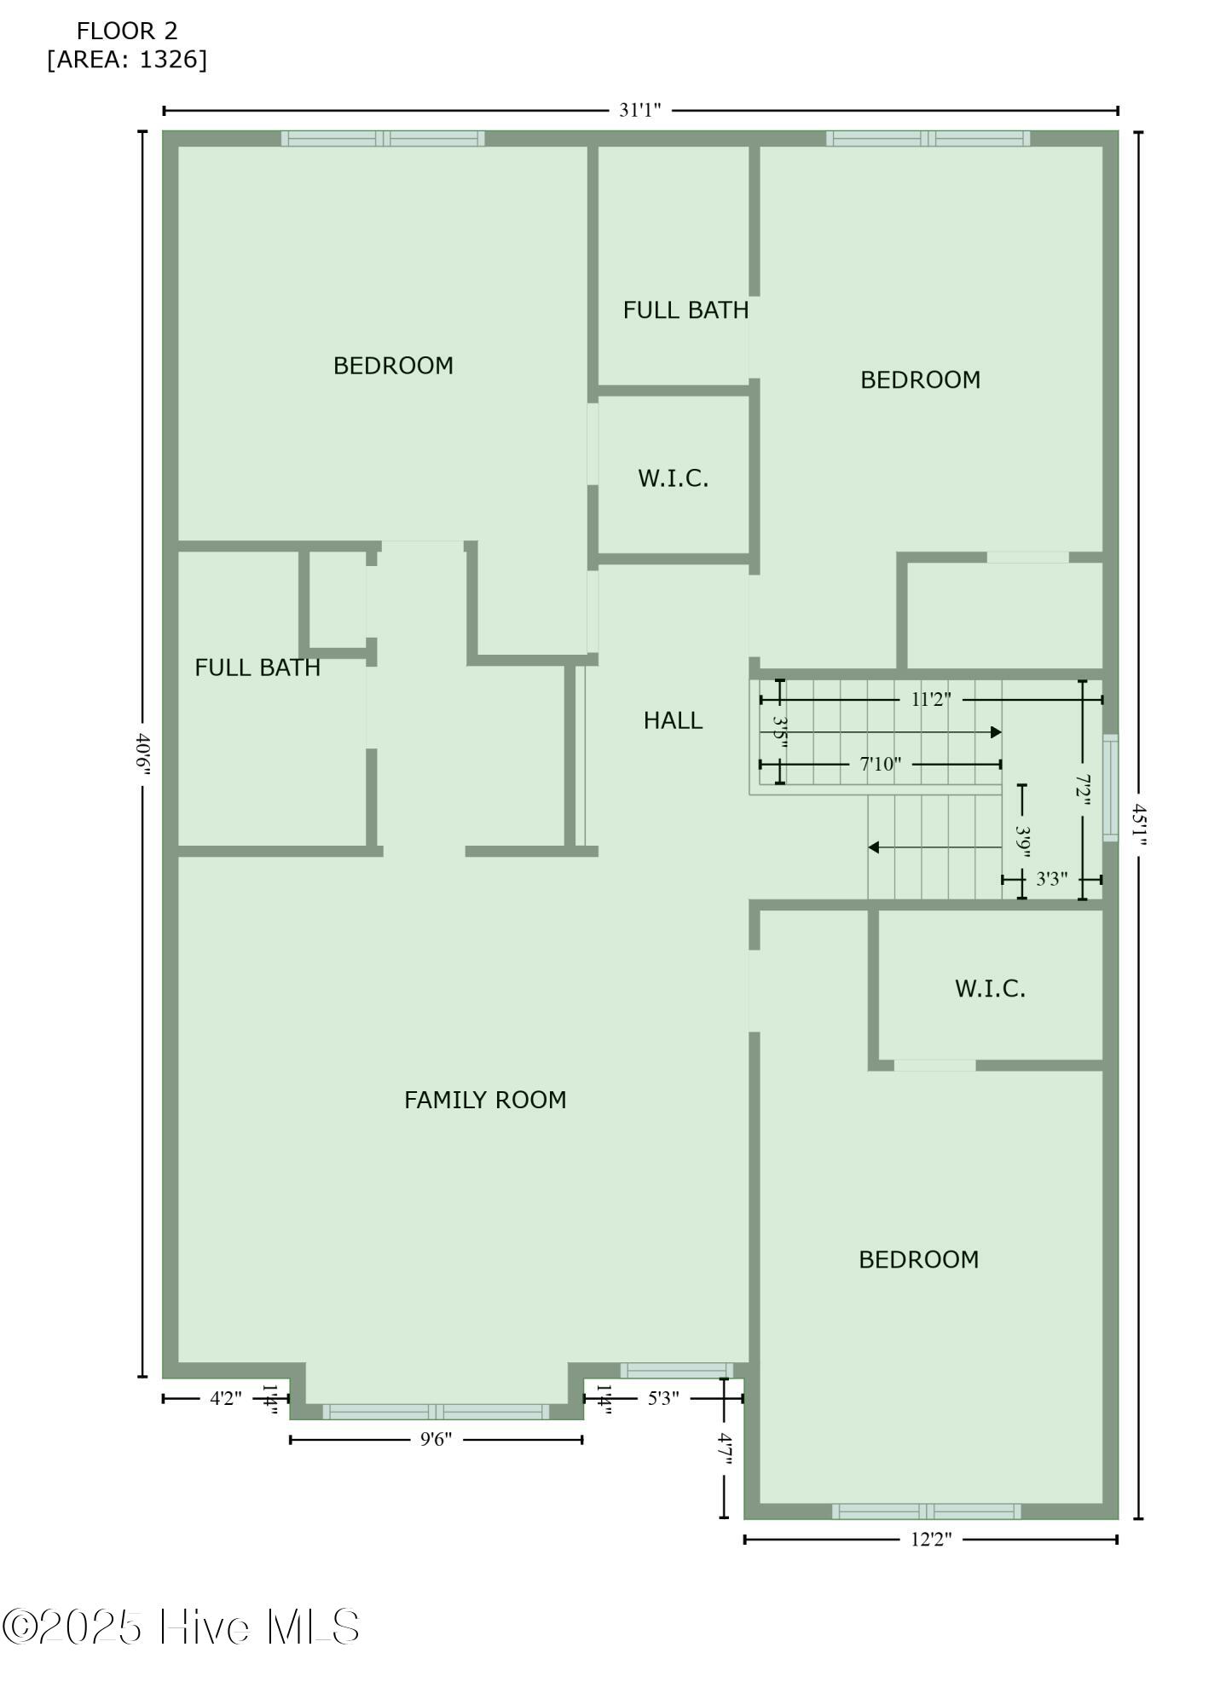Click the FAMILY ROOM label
pos(485,1100)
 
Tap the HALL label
pos(673,720)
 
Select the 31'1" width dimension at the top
pos(640,110)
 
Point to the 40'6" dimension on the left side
pos(142,754)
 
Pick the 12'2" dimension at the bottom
pos(930,1539)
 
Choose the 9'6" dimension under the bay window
pos(436,1440)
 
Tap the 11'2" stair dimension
pos(931,700)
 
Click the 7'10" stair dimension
pos(880,764)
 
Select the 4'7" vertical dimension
pos(724,1449)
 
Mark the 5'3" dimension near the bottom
pos(663,1398)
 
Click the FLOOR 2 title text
pos(127,32)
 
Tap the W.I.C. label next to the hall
pos(673,478)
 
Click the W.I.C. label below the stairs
pos(990,988)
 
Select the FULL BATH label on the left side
pos(257,668)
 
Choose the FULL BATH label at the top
pos(685,310)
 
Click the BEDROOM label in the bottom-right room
pos(918,1259)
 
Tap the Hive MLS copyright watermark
pos(181,1627)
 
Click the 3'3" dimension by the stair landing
pos(1051,879)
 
